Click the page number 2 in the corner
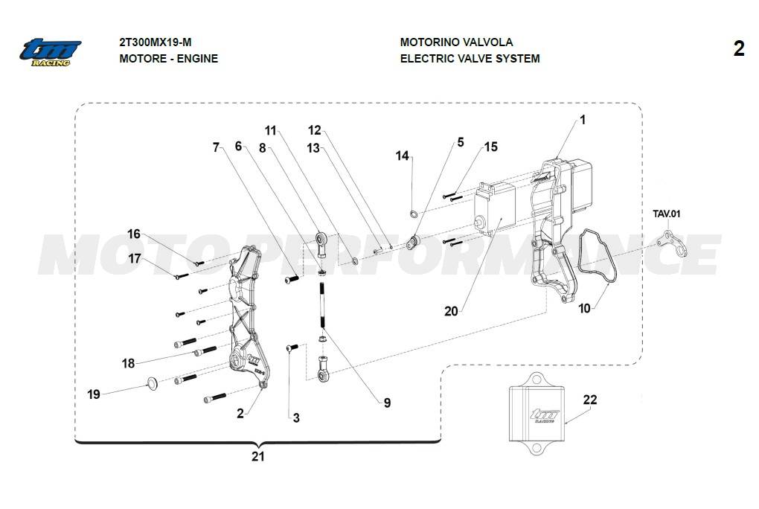point(738,49)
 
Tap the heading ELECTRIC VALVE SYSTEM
point(470,58)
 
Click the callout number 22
point(589,400)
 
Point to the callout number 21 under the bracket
point(257,456)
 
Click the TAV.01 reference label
point(667,214)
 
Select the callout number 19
point(94,394)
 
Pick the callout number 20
point(451,311)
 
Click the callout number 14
point(403,156)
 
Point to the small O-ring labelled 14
point(414,215)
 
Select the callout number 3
point(296,418)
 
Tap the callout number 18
point(129,363)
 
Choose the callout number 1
point(583,119)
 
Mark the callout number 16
point(134,234)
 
